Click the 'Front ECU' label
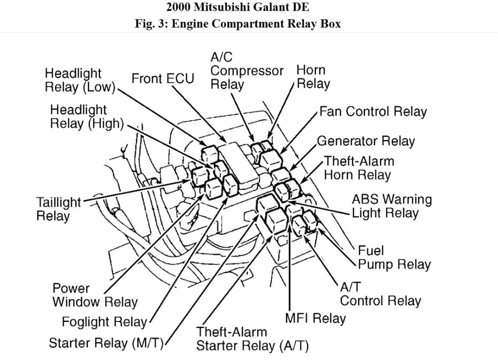tap(163, 78)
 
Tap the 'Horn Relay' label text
tap(313, 77)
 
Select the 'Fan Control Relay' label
tap(373, 112)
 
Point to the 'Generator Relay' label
tap(366, 141)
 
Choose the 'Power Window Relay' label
tap(94, 295)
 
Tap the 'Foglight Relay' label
tap(104, 322)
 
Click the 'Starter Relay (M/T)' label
tap(106, 343)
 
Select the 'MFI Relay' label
tap(315, 318)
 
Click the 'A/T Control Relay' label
tap(380, 294)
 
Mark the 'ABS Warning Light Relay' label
tap(391, 206)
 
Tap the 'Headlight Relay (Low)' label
tap(80, 80)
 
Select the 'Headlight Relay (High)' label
tap(86, 117)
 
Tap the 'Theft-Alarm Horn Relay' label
tap(358, 168)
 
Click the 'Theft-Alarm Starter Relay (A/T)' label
tap(252, 339)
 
